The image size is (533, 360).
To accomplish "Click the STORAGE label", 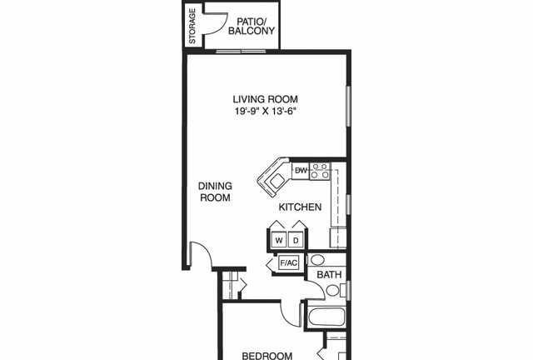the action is tap(192, 26).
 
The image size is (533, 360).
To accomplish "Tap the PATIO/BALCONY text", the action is tap(252, 26).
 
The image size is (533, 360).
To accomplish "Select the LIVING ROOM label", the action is tap(265, 99).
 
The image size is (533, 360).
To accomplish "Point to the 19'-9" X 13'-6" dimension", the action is tap(263, 111).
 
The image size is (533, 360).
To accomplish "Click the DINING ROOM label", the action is tap(215, 192).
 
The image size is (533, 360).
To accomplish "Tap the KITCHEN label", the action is tap(300, 207).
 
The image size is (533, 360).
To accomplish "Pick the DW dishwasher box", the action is tap(301, 171).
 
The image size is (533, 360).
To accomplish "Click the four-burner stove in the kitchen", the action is tap(320, 171).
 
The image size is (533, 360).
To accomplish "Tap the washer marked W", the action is tap(279, 240).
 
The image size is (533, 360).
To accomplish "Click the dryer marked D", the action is tap(296, 240).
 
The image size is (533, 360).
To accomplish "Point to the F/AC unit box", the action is tap(289, 263).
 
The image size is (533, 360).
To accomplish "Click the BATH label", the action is tap(329, 275).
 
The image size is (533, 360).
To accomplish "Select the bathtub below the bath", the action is tap(326, 317).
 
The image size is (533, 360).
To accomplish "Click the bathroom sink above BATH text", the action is tap(317, 260).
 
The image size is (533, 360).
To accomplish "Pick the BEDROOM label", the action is tap(266, 356).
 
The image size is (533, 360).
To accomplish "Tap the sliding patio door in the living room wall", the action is tap(242, 52).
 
